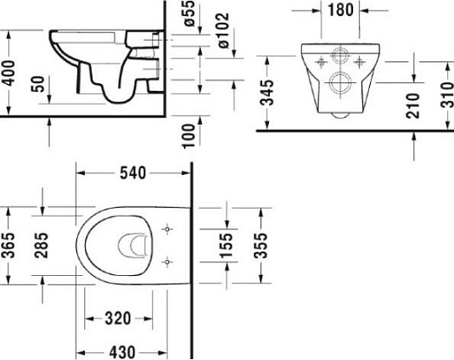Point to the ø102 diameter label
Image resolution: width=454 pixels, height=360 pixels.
pyautogui.click(x=218, y=28)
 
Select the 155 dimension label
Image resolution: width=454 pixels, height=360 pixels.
pyautogui.click(x=225, y=246)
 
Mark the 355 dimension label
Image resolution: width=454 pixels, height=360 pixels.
pyautogui.click(x=260, y=246)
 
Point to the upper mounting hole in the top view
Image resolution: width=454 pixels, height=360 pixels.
pyautogui.click(x=167, y=229)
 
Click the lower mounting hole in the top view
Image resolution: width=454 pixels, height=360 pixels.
pyautogui.click(x=167, y=262)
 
